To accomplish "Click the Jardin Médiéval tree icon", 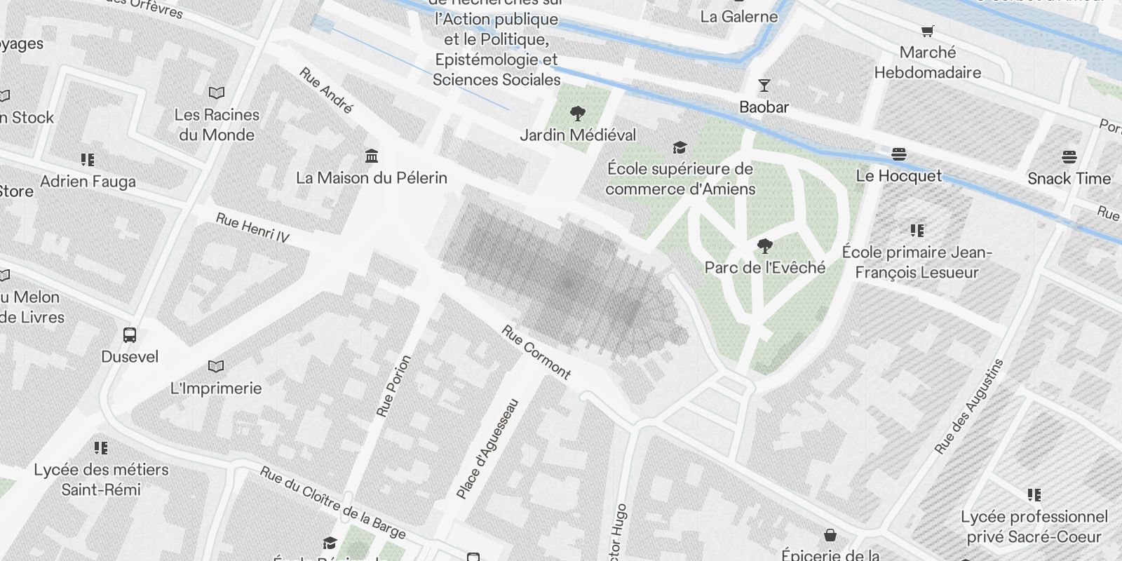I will (x=578, y=114).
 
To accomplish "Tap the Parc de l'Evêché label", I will (x=765, y=267).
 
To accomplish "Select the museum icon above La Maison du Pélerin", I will (x=372, y=155).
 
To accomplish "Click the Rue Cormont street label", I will (x=536, y=352).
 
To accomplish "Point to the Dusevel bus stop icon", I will (x=130, y=335).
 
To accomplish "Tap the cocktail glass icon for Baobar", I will (x=764, y=86).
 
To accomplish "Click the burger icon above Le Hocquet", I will (x=899, y=154).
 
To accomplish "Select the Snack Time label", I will (x=1069, y=178).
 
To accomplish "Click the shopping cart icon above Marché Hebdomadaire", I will (x=927, y=31).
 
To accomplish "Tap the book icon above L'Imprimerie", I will (x=216, y=367).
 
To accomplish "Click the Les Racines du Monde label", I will (x=217, y=125).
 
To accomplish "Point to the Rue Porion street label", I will (x=393, y=386).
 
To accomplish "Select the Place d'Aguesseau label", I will (x=488, y=449).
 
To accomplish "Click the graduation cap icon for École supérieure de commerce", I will (x=680, y=147).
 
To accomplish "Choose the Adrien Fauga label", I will (x=88, y=182).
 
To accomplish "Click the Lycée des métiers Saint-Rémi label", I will (x=101, y=480).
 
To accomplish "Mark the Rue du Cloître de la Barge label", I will (x=332, y=503).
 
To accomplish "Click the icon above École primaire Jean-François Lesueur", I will (x=917, y=230).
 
